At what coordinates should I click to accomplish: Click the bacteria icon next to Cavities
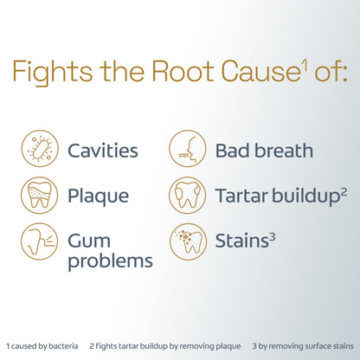40,149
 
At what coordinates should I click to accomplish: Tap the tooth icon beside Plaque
39,196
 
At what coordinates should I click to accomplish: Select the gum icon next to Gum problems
39,241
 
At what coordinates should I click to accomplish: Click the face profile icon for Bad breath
188,149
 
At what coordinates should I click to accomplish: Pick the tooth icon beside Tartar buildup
188,196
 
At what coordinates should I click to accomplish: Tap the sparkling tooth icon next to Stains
188,241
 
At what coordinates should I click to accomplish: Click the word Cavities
103,151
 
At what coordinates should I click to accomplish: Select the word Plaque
98,197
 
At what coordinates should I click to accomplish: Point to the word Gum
89,241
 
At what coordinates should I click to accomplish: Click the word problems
110,262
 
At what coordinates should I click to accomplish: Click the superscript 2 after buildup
344,192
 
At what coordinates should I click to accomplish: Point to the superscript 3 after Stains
272,238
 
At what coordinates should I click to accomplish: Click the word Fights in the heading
52,72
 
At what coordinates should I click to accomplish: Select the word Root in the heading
183,71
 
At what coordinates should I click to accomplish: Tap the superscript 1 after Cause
305,65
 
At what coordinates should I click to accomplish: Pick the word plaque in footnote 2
229,347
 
